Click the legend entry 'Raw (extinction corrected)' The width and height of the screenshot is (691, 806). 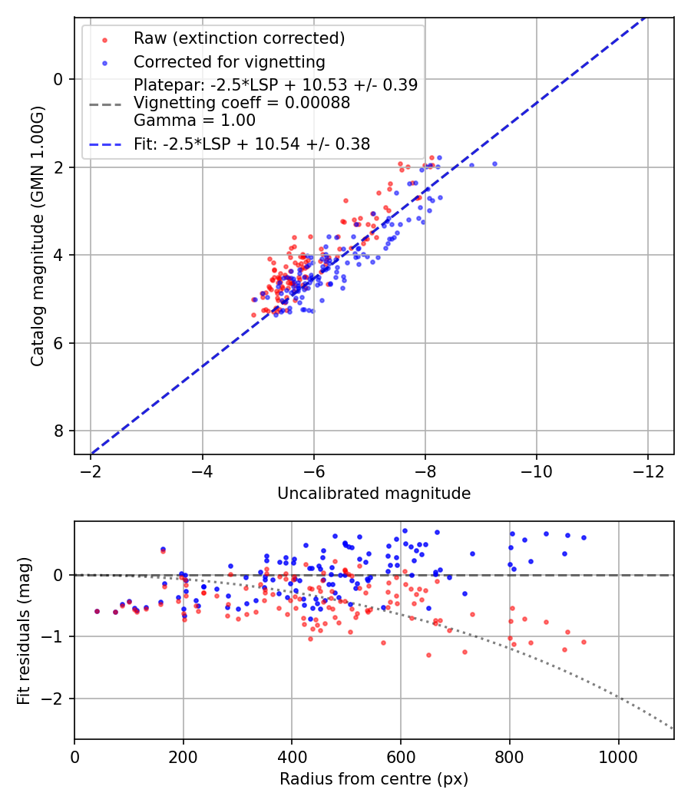tap(239, 38)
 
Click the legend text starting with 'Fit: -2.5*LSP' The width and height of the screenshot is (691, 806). tap(252, 144)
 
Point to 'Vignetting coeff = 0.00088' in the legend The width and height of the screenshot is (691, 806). tap(242, 103)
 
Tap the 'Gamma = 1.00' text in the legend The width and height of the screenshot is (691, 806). tap(194, 121)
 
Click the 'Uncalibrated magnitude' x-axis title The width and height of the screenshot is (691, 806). tap(374, 494)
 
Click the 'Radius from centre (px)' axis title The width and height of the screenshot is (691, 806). tap(374, 779)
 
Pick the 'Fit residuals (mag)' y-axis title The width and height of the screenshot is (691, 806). tap(24, 630)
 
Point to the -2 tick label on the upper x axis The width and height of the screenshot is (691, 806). tap(91, 470)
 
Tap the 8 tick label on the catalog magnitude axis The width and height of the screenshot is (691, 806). tap(59, 431)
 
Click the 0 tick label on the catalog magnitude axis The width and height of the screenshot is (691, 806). tap(59, 79)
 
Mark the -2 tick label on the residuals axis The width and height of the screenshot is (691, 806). tap(53, 699)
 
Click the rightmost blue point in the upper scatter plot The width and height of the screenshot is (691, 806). tap(494, 164)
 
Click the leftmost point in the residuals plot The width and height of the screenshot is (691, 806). tap(97, 611)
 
